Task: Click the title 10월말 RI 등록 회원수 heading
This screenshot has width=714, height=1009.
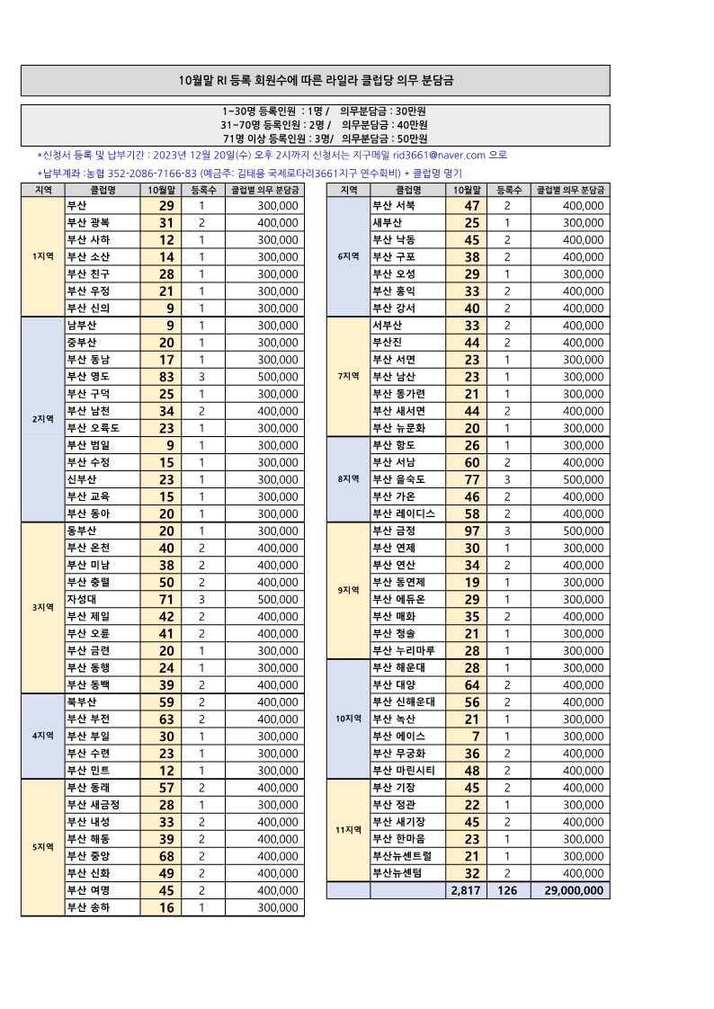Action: [x=316, y=80]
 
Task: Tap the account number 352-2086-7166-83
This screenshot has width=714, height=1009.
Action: [x=152, y=173]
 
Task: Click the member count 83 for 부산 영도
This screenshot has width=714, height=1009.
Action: [x=165, y=377]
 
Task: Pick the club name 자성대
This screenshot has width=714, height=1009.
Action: [x=83, y=599]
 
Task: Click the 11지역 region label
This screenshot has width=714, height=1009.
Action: [x=348, y=830]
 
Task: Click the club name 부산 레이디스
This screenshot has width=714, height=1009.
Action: [x=404, y=513]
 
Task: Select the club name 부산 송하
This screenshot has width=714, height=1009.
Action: [x=88, y=907]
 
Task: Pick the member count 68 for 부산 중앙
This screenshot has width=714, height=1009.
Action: [x=165, y=855]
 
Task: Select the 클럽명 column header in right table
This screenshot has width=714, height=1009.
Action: [x=409, y=190]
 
